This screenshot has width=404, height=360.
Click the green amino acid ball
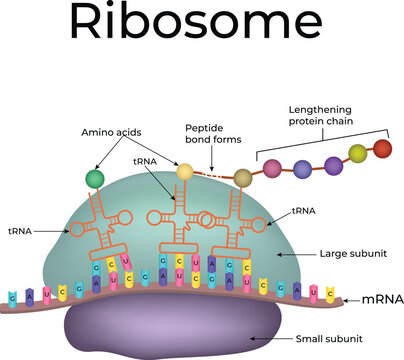[x=94, y=179]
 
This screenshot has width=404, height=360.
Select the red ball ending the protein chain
[x=382, y=149]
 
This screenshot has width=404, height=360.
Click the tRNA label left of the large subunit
[x=18, y=230]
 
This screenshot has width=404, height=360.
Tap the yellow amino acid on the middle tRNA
[x=184, y=172]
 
